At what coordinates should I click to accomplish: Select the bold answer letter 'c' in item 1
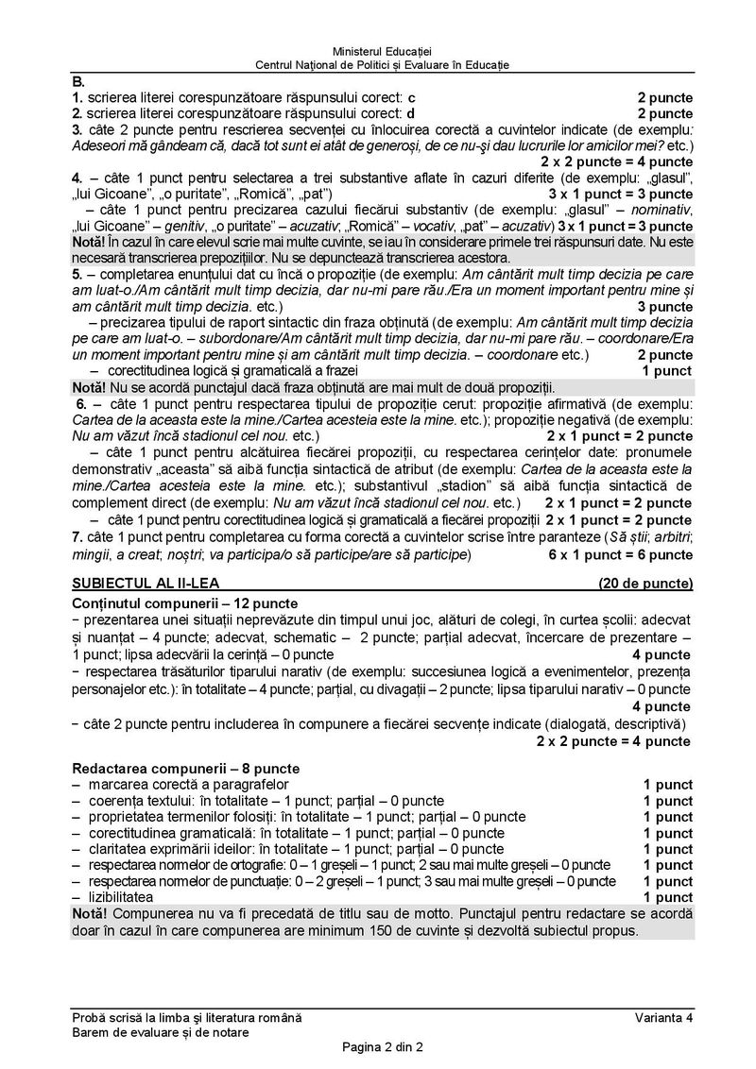point(411,97)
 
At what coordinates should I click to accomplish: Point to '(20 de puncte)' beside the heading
point(645,583)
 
